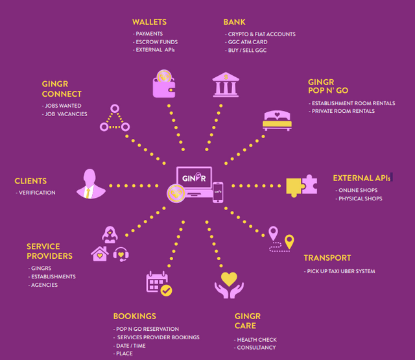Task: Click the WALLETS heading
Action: coord(149,22)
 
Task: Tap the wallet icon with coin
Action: coord(164,84)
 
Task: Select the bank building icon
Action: coord(226,84)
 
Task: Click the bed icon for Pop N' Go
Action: coord(277,121)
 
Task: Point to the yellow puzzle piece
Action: coord(294,187)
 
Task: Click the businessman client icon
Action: coord(91,184)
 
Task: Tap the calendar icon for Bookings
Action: coord(159,283)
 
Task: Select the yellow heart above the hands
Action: coord(229,279)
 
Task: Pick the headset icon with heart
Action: coord(121,254)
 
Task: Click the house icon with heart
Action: coord(100,254)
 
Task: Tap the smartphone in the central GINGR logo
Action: coord(218,192)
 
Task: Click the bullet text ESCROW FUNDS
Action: coord(156,42)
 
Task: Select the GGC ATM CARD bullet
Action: coord(246,42)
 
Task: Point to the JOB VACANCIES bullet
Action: coord(65,114)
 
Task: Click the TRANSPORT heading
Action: coord(327,258)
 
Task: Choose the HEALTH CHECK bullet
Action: coord(255,340)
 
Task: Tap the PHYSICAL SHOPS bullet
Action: coord(359,198)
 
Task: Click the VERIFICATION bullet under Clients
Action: coord(36,193)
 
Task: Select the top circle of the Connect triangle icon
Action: coord(115,108)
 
